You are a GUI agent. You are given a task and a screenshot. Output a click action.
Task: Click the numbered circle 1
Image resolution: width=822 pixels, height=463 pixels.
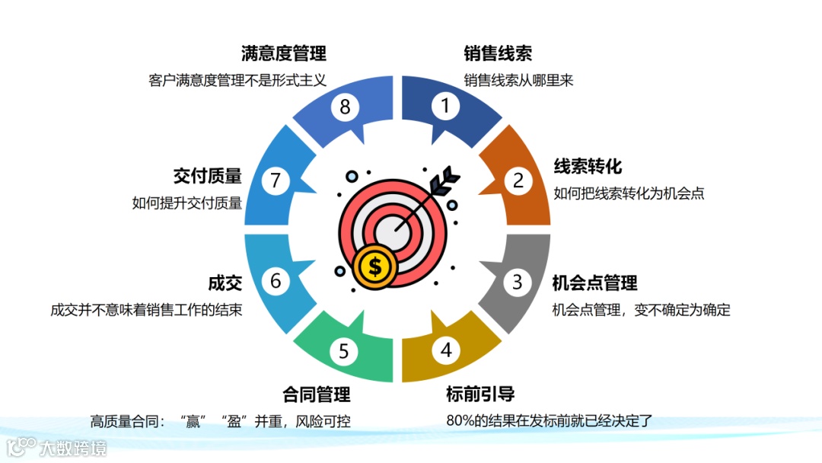[446, 106]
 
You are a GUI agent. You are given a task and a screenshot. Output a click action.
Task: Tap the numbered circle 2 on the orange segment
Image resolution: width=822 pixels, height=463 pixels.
[518, 180]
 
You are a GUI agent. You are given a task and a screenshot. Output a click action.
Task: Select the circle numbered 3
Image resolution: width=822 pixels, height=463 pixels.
[518, 282]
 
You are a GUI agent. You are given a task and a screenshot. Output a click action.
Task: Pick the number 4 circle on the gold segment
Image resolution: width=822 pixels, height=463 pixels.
[446, 350]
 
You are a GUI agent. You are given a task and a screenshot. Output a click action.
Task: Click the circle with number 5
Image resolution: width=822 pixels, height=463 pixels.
[344, 351]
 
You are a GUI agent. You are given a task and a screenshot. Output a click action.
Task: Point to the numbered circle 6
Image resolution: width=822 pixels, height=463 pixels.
[276, 281]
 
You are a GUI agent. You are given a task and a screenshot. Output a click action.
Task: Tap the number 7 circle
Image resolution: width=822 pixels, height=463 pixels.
[276, 180]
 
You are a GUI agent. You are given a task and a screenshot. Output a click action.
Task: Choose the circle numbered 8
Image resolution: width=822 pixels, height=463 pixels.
[345, 107]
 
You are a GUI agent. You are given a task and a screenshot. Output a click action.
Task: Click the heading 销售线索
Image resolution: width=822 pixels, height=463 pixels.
[498, 53]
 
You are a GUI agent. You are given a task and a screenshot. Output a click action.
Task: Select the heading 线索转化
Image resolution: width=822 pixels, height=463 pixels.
[588, 167]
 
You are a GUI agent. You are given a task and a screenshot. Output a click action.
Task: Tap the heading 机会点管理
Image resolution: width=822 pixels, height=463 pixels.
[594, 283]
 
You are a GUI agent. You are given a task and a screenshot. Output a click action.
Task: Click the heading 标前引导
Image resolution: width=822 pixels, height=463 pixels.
[480, 394]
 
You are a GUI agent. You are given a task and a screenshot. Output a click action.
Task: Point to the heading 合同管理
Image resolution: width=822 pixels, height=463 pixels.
[316, 394]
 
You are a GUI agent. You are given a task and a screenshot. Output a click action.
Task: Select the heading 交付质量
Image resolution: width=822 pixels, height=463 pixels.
[208, 176]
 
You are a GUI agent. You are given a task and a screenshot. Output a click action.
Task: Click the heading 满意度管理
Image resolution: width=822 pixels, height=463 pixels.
[284, 53]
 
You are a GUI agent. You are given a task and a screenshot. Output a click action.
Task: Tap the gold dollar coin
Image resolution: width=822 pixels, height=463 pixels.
[374, 266]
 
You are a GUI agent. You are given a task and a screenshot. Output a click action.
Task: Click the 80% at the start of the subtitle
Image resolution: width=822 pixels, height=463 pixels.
[460, 420]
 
